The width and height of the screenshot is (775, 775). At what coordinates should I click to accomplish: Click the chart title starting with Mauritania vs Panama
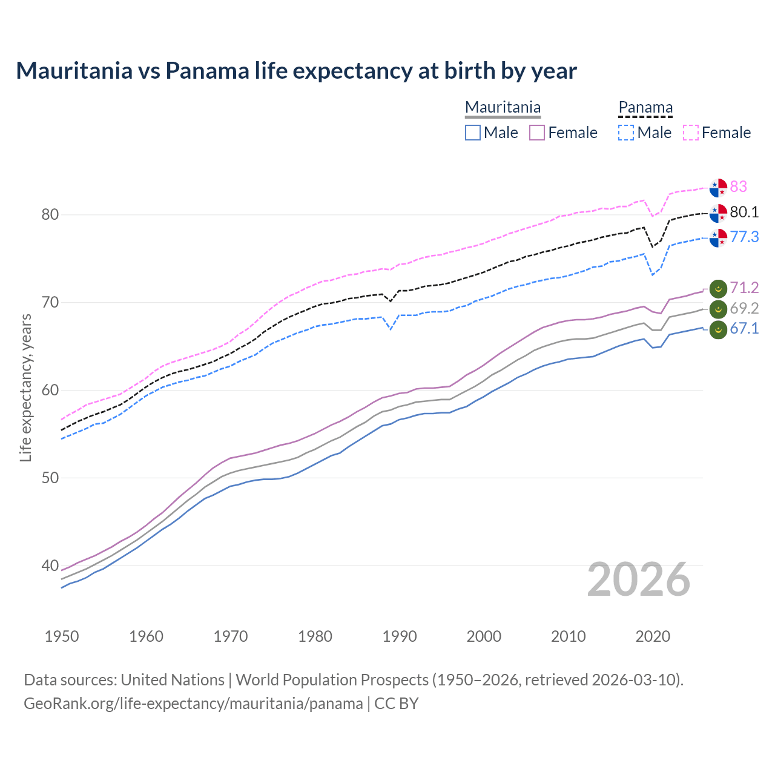click(x=296, y=71)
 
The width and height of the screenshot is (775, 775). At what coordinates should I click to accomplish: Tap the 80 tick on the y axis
click(x=50, y=214)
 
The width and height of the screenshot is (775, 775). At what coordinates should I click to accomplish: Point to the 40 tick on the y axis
click(x=50, y=566)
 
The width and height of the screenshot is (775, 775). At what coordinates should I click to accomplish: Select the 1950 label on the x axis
click(x=62, y=636)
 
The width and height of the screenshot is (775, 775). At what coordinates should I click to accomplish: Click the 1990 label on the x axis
click(x=400, y=636)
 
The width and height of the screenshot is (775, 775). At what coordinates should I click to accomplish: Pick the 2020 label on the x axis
click(x=653, y=636)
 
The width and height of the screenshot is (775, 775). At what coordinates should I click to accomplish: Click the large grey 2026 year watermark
click(x=638, y=579)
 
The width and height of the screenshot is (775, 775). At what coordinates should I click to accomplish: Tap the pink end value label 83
click(x=738, y=186)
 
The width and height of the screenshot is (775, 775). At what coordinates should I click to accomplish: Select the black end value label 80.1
click(x=744, y=212)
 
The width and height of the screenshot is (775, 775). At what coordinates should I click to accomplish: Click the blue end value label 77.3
click(x=744, y=237)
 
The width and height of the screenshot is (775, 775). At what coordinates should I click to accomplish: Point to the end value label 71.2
click(x=744, y=288)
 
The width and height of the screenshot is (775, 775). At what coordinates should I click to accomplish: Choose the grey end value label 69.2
click(x=744, y=308)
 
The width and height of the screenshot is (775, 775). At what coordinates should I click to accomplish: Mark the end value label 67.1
click(x=744, y=328)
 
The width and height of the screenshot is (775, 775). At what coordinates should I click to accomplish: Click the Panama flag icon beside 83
click(x=718, y=188)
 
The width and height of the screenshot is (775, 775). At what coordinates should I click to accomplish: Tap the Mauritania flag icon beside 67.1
click(x=718, y=331)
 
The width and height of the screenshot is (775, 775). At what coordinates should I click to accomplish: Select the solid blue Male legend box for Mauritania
click(x=473, y=133)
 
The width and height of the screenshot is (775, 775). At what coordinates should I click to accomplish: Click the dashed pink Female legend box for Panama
click(x=691, y=133)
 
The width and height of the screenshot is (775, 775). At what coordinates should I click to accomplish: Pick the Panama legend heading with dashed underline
click(x=645, y=108)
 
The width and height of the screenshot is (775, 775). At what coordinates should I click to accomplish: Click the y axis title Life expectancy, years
click(x=25, y=387)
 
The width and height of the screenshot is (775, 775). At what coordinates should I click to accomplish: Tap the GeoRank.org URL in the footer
click(x=193, y=704)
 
